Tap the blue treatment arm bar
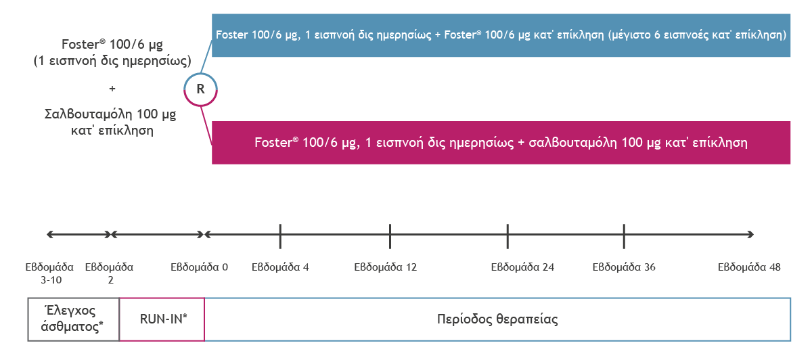pyautogui.click(x=501, y=35)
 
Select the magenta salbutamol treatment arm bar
pyautogui.click(x=501, y=143)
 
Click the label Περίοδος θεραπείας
pyautogui.click(x=497, y=319)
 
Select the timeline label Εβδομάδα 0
pyautogui.click(x=200, y=267)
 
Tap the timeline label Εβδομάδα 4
pyautogui.click(x=280, y=267)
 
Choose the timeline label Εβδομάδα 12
pyautogui.click(x=385, y=267)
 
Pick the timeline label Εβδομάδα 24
pyautogui.click(x=522, y=267)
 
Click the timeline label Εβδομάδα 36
pyautogui.click(x=624, y=267)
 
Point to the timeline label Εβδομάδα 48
pyautogui.click(x=749, y=267)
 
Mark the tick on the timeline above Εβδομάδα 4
pyautogui.click(x=280, y=236)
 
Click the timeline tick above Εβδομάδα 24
pyautogui.click(x=507, y=236)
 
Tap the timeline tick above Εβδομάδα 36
pyautogui.click(x=624, y=236)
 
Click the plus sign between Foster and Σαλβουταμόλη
pyautogui.click(x=112, y=89)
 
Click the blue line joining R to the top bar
pyautogui.click(x=206, y=57)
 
